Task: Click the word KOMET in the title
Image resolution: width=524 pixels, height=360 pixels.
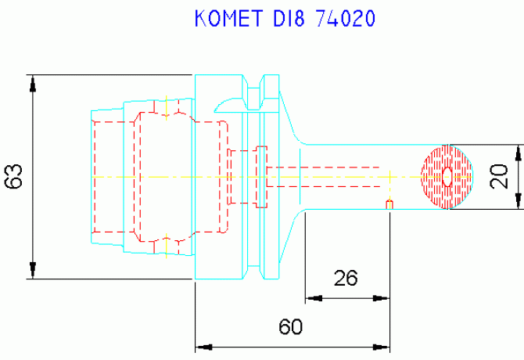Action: tap(228, 18)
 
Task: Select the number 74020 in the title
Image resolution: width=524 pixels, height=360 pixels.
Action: tap(346, 18)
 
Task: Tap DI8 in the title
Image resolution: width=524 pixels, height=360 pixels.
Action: tap(289, 18)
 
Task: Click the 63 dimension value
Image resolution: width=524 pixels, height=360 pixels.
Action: tap(14, 177)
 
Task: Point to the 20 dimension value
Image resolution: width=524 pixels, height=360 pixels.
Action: tap(499, 176)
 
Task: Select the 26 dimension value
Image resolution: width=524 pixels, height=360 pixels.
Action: tap(346, 278)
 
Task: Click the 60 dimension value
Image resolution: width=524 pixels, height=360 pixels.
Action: tap(291, 326)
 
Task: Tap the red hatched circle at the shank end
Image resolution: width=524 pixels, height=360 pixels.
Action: tap(447, 177)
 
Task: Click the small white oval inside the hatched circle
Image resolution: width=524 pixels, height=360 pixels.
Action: tap(447, 177)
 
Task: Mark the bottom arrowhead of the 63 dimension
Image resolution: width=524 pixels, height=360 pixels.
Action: tap(32, 270)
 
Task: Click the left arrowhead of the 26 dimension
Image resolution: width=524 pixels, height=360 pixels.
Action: tap(314, 298)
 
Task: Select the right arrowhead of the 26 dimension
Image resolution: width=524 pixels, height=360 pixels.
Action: tap(382, 298)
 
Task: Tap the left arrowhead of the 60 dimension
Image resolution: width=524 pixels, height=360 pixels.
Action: tap(203, 347)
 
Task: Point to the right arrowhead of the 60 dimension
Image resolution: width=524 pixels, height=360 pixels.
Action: tap(382, 347)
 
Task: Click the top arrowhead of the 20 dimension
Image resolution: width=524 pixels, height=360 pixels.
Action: tap(519, 153)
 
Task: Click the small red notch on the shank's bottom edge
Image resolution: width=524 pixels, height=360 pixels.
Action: tap(389, 204)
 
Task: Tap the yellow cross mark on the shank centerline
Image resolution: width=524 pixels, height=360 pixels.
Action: tap(389, 177)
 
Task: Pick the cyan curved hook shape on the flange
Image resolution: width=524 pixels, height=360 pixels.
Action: tap(228, 103)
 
